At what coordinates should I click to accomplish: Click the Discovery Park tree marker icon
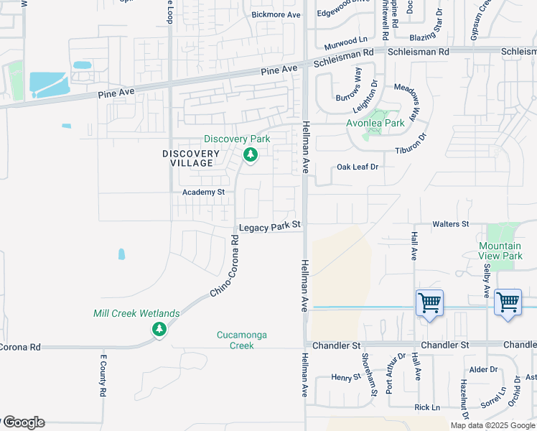coord(251,154)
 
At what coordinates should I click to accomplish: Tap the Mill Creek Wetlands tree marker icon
coord(159,330)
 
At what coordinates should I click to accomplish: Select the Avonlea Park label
coord(376,123)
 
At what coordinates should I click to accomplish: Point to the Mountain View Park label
coord(500,251)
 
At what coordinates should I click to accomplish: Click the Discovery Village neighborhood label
coord(191,158)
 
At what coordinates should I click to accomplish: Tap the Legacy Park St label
coord(269,227)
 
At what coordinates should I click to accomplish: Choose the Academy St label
coord(204,193)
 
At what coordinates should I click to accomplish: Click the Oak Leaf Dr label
coord(358,167)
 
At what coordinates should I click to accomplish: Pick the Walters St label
coord(450,225)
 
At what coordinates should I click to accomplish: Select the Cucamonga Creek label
coord(235,340)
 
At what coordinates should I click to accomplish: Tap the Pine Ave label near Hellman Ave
coord(279,70)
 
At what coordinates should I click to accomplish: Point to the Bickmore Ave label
coord(276,14)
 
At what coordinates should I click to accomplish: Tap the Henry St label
coord(345,376)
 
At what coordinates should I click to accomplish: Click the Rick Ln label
coord(427,407)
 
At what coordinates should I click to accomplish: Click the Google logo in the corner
coord(23,422)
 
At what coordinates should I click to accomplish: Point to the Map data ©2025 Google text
coord(492,425)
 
